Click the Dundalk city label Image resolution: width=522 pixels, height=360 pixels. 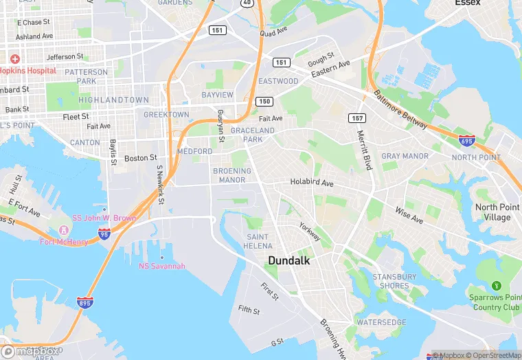289,261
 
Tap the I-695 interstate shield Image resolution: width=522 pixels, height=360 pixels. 466,141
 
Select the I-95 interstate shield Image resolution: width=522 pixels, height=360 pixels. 104,234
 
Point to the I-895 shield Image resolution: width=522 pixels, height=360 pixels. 84,303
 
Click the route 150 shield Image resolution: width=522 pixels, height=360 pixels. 264,102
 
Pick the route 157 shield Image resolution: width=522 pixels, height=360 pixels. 356,118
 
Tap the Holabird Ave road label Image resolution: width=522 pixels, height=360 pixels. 311,183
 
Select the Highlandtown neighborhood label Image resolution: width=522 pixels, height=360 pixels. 113,100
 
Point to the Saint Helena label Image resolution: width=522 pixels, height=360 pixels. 259,241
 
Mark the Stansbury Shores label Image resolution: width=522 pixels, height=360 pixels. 394,281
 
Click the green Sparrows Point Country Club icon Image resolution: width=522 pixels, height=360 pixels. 496,285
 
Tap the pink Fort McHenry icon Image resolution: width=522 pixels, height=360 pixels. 64,229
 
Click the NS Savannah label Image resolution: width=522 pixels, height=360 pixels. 162,266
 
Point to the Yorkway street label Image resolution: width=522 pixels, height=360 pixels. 309,232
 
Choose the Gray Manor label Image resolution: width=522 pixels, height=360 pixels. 405,156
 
